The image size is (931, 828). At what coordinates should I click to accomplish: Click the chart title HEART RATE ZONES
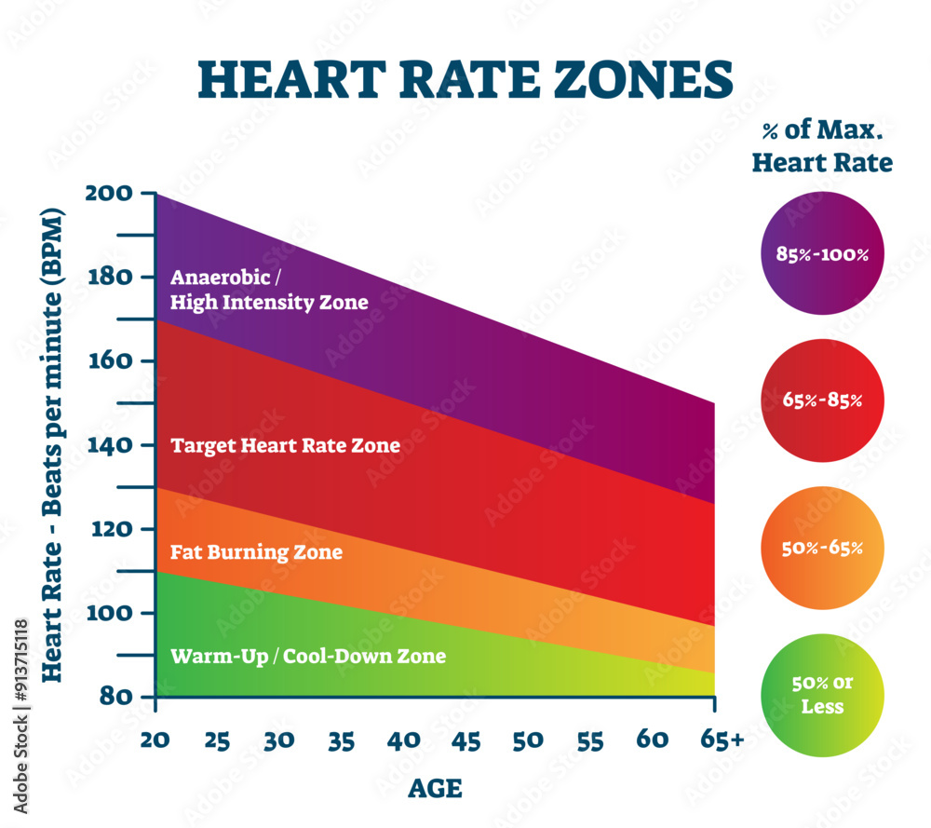(x=465, y=80)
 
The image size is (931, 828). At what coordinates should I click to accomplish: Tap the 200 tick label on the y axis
(x=111, y=193)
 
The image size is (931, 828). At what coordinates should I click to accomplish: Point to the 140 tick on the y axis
(x=111, y=445)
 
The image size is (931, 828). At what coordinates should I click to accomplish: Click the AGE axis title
(x=435, y=789)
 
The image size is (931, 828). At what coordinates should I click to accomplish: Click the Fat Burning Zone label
(x=256, y=552)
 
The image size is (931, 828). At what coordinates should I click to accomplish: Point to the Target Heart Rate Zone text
(x=285, y=445)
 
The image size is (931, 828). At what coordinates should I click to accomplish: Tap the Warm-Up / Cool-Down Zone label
(x=308, y=657)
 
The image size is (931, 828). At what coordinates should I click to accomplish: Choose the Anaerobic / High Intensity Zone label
(x=269, y=290)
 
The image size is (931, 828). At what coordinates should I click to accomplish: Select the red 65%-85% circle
(x=821, y=400)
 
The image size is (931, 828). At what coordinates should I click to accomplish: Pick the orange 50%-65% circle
(x=821, y=548)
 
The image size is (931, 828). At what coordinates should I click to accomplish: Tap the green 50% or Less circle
(x=821, y=695)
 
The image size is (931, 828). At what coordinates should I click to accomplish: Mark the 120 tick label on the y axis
(x=111, y=529)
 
